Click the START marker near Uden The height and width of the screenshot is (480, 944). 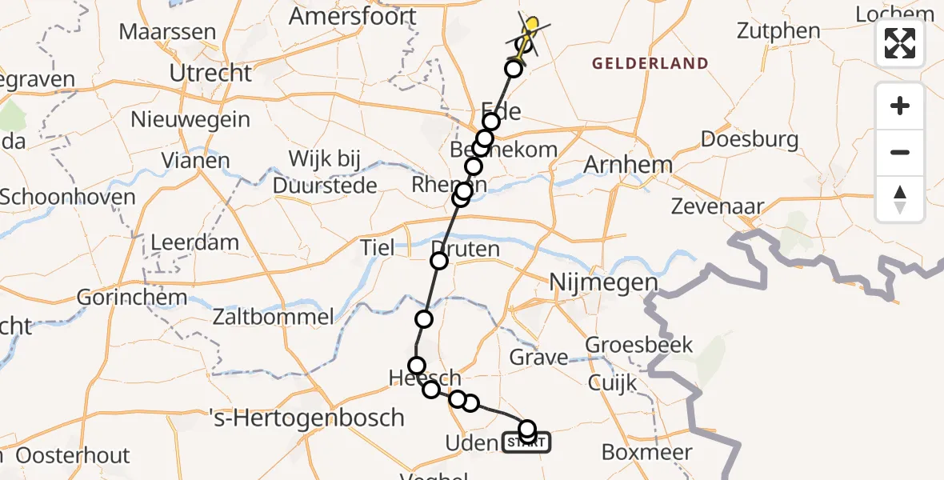point(526,442)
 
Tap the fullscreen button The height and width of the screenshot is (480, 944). point(900,43)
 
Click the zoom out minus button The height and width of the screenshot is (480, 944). point(900,152)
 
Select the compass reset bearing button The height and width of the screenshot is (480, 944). point(900,198)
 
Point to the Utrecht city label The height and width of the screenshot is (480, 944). point(210,73)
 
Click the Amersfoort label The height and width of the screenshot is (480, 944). point(353,16)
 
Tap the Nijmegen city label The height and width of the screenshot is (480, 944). point(604,282)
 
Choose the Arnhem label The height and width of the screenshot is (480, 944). point(628,166)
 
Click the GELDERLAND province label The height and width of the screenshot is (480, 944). point(650,63)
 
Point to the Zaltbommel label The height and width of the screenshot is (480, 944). point(273,317)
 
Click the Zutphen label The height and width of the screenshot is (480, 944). point(778,31)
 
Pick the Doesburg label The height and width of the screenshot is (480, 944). point(750,139)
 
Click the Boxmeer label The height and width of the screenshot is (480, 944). point(646,452)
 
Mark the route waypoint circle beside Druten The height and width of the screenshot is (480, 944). point(439,260)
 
